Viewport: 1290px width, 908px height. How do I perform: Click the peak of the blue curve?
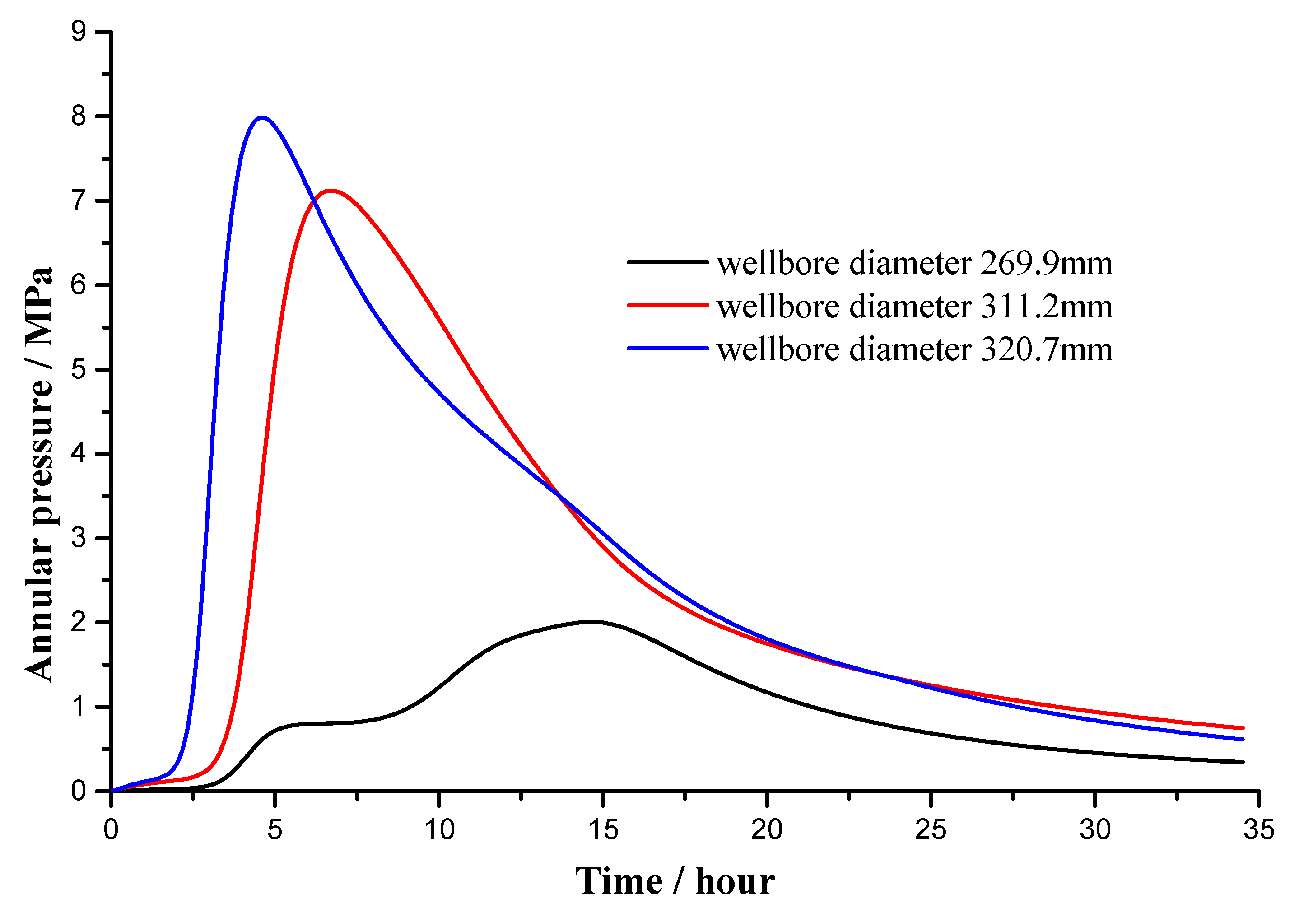[262, 117]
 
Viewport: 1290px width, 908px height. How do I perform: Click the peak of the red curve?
[331, 191]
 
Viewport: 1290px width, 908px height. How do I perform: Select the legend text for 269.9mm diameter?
[915, 263]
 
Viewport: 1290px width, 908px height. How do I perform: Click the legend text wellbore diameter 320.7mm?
[915, 349]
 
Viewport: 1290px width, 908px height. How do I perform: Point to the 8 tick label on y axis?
[79, 116]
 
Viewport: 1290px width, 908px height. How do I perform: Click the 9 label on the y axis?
[79, 32]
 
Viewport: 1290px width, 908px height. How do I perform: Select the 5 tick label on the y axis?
[79, 370]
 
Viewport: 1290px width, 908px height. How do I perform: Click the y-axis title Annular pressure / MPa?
[39, 475]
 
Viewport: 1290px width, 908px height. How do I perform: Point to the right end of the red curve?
[1243, 728]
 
